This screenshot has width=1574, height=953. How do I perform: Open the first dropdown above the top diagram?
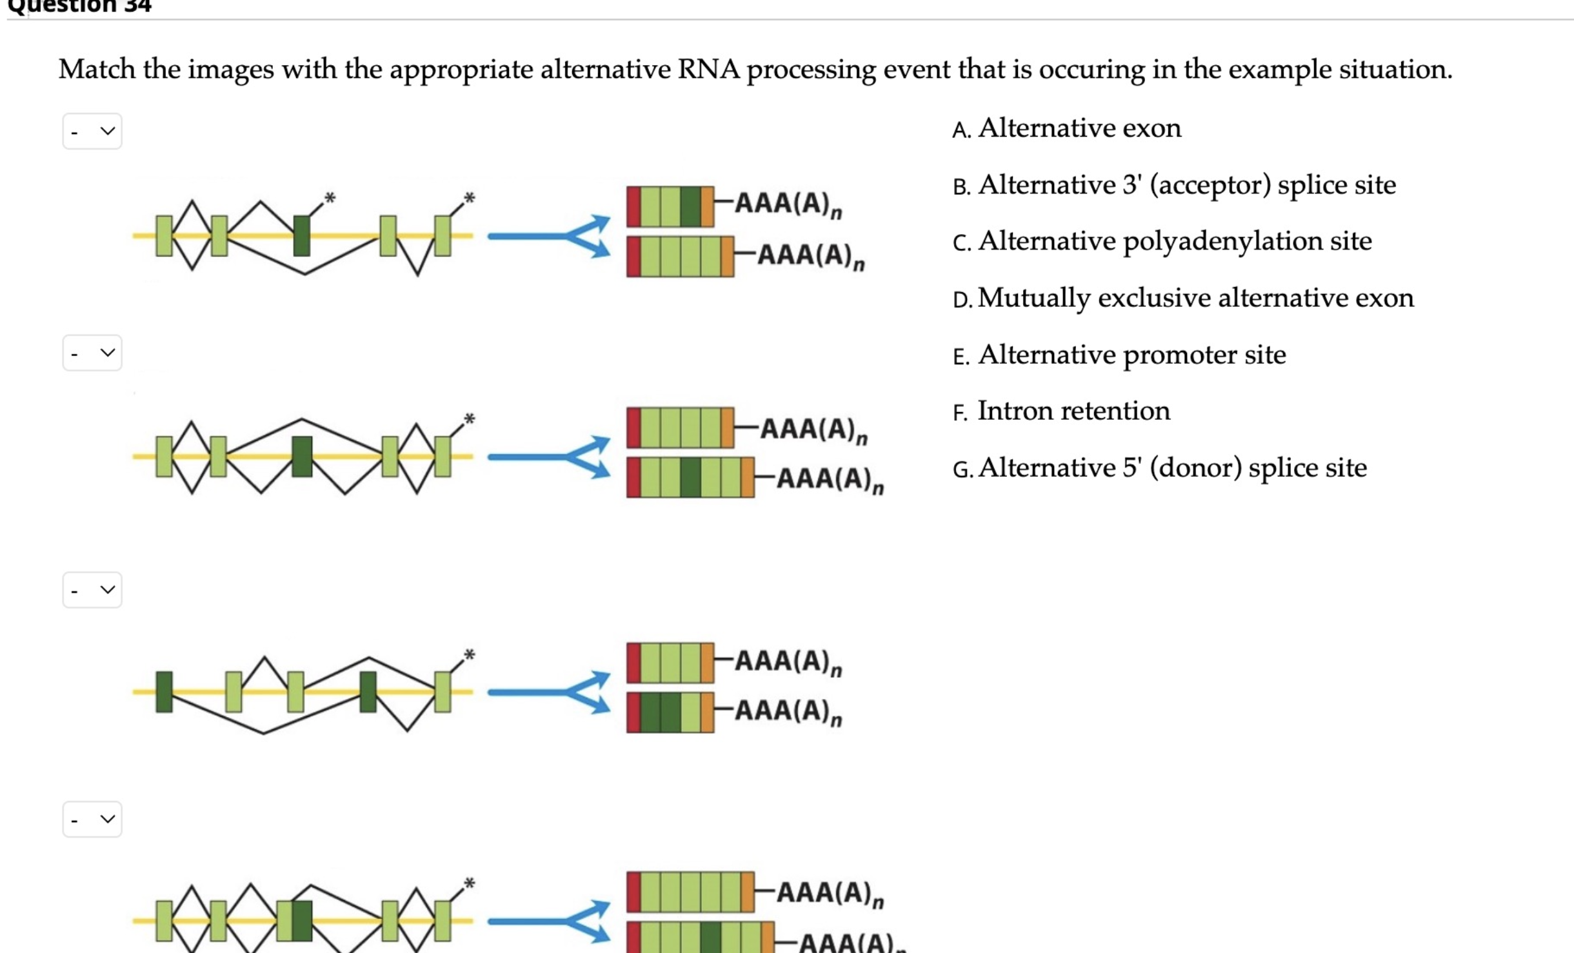(x=92, y=132)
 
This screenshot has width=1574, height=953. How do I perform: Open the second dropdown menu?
(x=92, y=353)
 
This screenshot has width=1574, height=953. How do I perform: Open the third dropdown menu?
(x=92, y=590)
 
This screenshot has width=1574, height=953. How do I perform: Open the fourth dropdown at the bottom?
(x=92, y=820)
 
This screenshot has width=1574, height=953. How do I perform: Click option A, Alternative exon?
(x=1079, y=128)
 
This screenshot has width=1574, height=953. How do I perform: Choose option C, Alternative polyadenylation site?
(x=1174, y=241)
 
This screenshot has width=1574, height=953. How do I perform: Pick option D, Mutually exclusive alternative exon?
(x=1195, y=298)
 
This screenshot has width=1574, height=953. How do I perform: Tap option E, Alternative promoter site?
(x=1131, y=355)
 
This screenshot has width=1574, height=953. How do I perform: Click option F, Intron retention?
(x=1073, y=411)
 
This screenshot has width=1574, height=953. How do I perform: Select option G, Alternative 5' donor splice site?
(x=1171, y=467)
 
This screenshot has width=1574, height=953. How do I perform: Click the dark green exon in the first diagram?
(x=301, y=236)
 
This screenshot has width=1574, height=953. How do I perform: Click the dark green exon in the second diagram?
(x=301, y=457)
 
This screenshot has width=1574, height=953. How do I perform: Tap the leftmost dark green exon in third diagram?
(x=164, y=692)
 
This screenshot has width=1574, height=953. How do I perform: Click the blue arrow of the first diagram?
(x=548, y=237)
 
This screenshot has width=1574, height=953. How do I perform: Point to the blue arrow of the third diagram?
(x=548, y=693)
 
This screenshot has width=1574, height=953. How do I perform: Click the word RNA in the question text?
(x=708, y=69)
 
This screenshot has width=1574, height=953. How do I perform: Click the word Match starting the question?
(x=97, y=69)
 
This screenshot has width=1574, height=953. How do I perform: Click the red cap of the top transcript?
(x=633, y=207)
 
